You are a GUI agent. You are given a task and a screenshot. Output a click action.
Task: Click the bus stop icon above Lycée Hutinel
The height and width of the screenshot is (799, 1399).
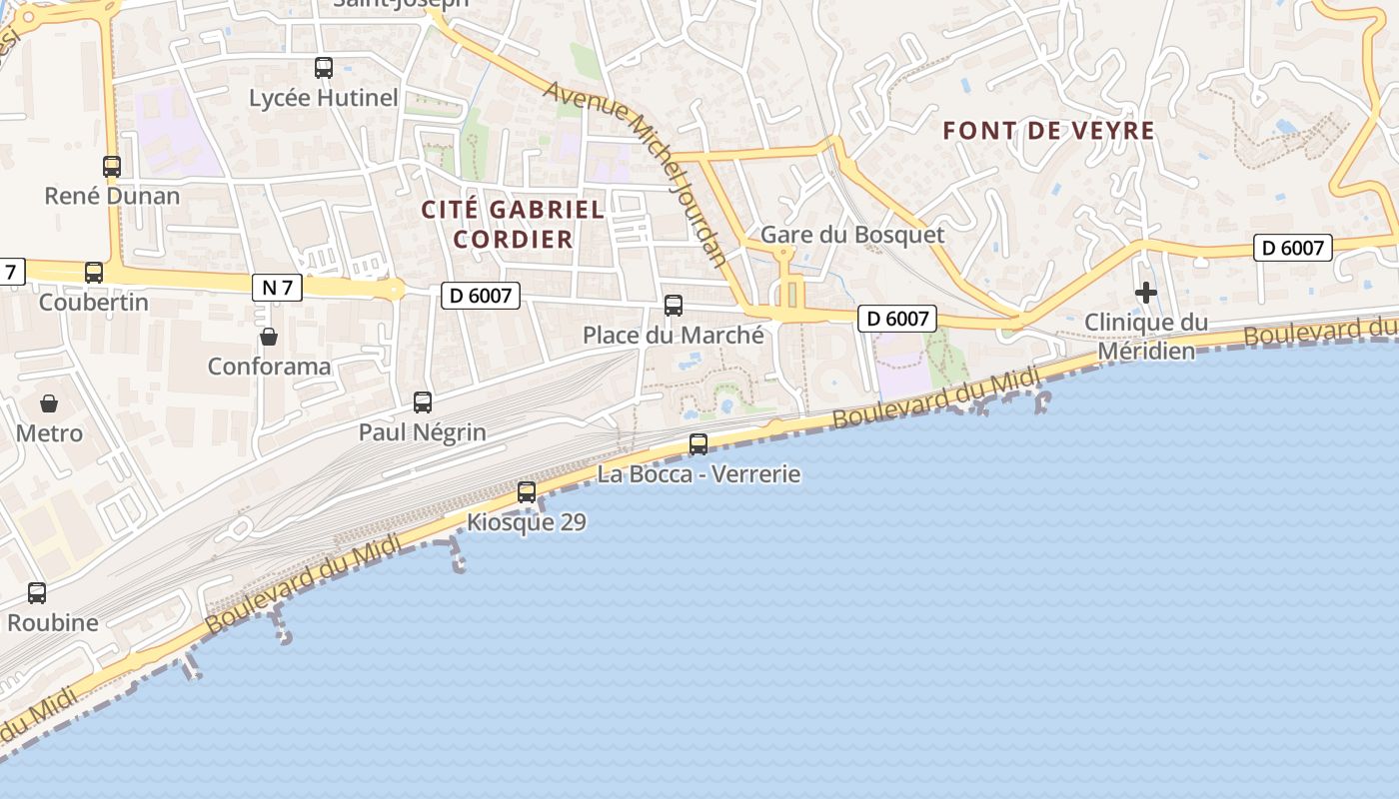point(324,68)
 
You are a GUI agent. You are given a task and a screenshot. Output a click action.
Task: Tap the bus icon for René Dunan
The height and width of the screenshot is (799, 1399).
point(112,167)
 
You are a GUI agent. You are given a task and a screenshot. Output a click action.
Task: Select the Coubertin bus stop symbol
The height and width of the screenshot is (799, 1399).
point(94,272)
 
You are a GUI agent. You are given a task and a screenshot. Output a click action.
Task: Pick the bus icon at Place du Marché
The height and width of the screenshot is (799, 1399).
point(674,306)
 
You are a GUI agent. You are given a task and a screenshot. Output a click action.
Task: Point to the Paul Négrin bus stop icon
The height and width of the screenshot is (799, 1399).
point(423,402)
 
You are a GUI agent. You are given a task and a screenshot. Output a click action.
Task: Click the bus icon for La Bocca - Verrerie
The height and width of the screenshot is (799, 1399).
point(699,444)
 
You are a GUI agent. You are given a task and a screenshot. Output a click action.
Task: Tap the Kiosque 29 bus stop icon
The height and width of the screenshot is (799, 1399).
point(527,492)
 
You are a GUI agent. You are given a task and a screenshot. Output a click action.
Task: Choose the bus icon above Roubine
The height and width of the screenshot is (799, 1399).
point(37,593)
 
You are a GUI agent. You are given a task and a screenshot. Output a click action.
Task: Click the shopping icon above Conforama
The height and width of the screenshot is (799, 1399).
point(269,337)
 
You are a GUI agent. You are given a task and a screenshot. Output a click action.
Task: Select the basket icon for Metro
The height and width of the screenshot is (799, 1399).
point(49,403)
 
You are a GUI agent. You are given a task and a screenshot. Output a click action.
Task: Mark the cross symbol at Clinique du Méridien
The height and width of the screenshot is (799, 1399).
point(1146,293)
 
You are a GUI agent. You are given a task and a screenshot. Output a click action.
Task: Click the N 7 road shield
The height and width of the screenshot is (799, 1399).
point(277,288)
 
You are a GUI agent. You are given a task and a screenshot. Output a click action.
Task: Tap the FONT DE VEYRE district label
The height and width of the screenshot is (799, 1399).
point(1048,131)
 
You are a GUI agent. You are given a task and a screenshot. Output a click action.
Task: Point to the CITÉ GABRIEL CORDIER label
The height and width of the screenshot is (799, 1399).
point(513,224)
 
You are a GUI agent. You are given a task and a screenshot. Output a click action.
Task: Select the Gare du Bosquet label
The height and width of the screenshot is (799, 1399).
point(852,235)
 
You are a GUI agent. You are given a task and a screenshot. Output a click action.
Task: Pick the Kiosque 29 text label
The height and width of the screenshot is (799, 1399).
point(527,521)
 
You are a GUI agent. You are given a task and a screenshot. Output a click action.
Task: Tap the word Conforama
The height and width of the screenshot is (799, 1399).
point(269,367)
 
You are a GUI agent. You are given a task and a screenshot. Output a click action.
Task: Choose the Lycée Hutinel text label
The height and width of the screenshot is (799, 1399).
point(324,98)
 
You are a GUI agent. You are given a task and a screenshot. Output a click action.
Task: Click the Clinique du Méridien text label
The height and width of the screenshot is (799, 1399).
point(1146,337)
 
